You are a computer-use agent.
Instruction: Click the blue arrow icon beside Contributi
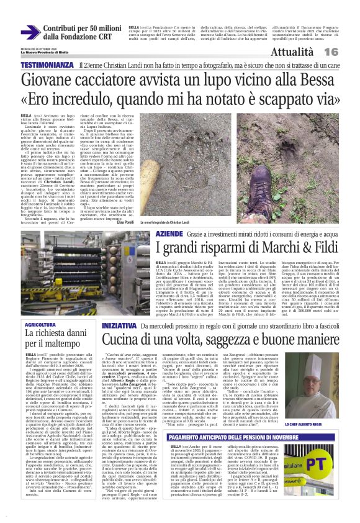pos(30,33)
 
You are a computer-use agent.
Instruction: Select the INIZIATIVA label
pos(119,324)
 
